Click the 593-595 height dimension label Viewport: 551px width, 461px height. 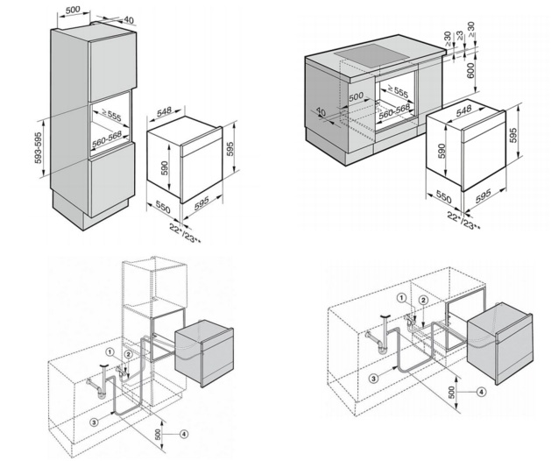(x=39, y=148)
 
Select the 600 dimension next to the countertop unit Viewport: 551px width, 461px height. (x=471, y=70)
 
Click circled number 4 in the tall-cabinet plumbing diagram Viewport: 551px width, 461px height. (x=183, y=435)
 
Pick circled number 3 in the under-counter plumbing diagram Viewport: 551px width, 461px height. (x=373, y=379)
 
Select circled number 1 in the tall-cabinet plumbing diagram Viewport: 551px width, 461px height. (x=110, y=351)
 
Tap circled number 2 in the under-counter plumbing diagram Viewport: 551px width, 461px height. (x=423, y=300)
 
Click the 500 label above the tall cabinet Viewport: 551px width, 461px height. (x=73, y=10)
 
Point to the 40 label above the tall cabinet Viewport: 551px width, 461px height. (x=129, y=20)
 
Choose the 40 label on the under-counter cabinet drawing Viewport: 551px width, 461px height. (x=321, y=112)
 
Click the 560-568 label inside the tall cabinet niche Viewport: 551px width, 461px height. (x=107, y=139)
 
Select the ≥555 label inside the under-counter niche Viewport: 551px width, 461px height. (x=398, y=91)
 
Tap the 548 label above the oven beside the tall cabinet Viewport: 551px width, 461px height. (x=164, y=111)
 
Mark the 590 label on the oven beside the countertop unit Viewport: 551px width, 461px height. (x=442, y=151)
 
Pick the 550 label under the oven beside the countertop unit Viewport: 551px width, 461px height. (x=443, y=196)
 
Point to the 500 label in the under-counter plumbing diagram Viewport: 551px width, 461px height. (x=451, y=392)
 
